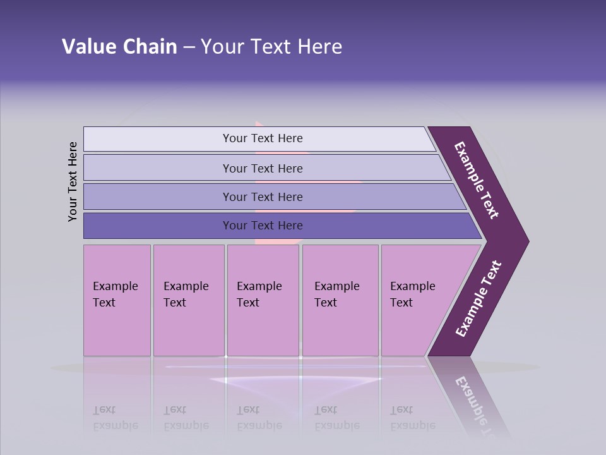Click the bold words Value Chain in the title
coord(119,47)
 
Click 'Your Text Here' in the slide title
coord(271,47)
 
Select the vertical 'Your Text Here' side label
coord(73,182)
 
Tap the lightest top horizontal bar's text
coord(263,138)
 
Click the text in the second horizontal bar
coord(263,169)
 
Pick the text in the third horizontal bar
coord(263,197)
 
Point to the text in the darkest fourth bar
coord(263,226)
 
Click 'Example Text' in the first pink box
coord(115,294)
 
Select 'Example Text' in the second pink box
coord(186,294)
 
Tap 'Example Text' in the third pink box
coord(259,294)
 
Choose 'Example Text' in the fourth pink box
coord(336,294)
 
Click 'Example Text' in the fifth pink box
coord(412,294)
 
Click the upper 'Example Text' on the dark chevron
coord(477,180)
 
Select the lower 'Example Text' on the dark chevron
coord(478,299)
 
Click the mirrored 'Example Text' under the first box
coord(115,418)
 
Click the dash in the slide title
coord(189,47)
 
